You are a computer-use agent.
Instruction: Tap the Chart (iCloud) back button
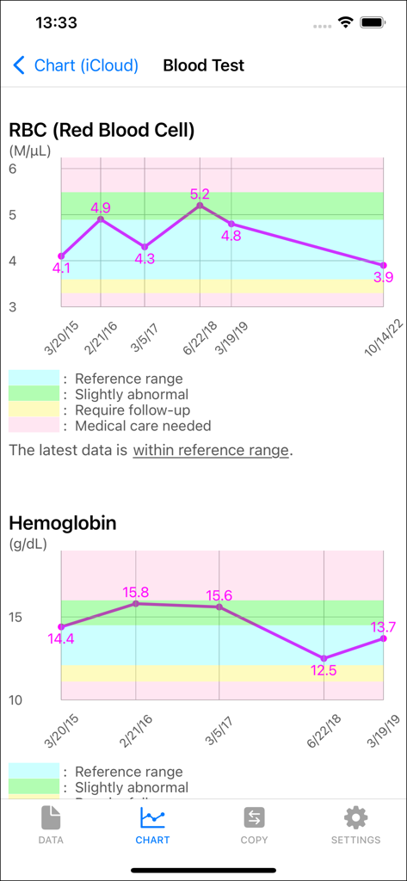click(75, 65)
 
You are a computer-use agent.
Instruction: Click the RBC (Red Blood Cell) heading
click(102, 130)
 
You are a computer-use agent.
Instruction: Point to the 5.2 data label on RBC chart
click(200, 194)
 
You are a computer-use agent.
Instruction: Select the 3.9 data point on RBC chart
click(383, 265)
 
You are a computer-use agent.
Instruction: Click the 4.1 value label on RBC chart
click(61, 268)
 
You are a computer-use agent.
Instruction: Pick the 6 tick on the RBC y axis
click(13, 169)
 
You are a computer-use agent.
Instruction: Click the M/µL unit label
click(30, 151)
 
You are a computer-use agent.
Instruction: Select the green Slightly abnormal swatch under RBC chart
click(34, 394)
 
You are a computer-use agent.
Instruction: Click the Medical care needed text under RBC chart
click(143, 426)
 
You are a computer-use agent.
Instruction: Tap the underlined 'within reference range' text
click(211, 450)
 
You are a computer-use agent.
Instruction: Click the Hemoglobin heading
click(63, 523)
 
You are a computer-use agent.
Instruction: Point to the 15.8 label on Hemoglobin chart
click(136, 592)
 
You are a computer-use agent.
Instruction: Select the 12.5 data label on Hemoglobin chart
click(324, 671)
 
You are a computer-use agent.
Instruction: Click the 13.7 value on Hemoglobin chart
click(383, 627)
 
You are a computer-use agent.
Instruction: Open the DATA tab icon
click(51, 817)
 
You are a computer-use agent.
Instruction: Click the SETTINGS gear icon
click(355, 817)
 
